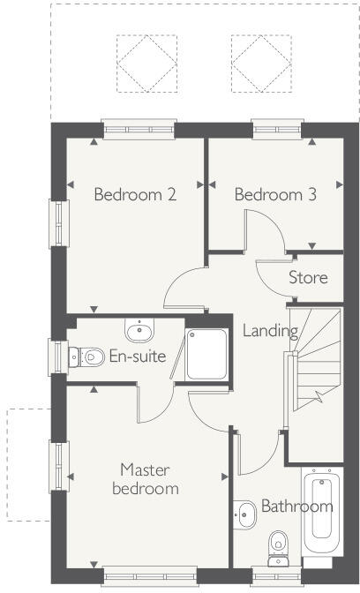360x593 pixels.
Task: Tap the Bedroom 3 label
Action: point(275,195)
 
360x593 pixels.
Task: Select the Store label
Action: point(308,278)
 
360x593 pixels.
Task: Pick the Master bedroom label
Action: point(150,479)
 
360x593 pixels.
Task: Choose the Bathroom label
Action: point(296,507)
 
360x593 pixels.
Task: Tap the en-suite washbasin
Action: point(139,332)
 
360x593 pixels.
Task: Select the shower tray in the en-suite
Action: point(208,355)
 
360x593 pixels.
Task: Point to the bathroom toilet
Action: point(278,546)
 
